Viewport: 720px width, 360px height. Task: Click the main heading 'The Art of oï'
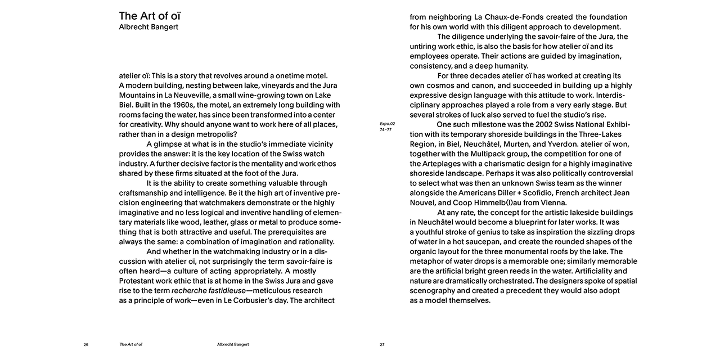(150, 15)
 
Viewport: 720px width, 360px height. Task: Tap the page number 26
(86, 344)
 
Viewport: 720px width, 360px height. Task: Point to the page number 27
(382, 344)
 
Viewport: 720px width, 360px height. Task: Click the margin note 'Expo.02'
(388, 124)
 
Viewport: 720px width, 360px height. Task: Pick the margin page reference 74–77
(386, 129)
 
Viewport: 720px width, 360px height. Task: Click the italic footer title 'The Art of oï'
(130, 344)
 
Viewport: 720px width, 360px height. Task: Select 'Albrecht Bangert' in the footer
(233, 344)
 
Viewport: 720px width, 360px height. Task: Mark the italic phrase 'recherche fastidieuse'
(208, 290)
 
